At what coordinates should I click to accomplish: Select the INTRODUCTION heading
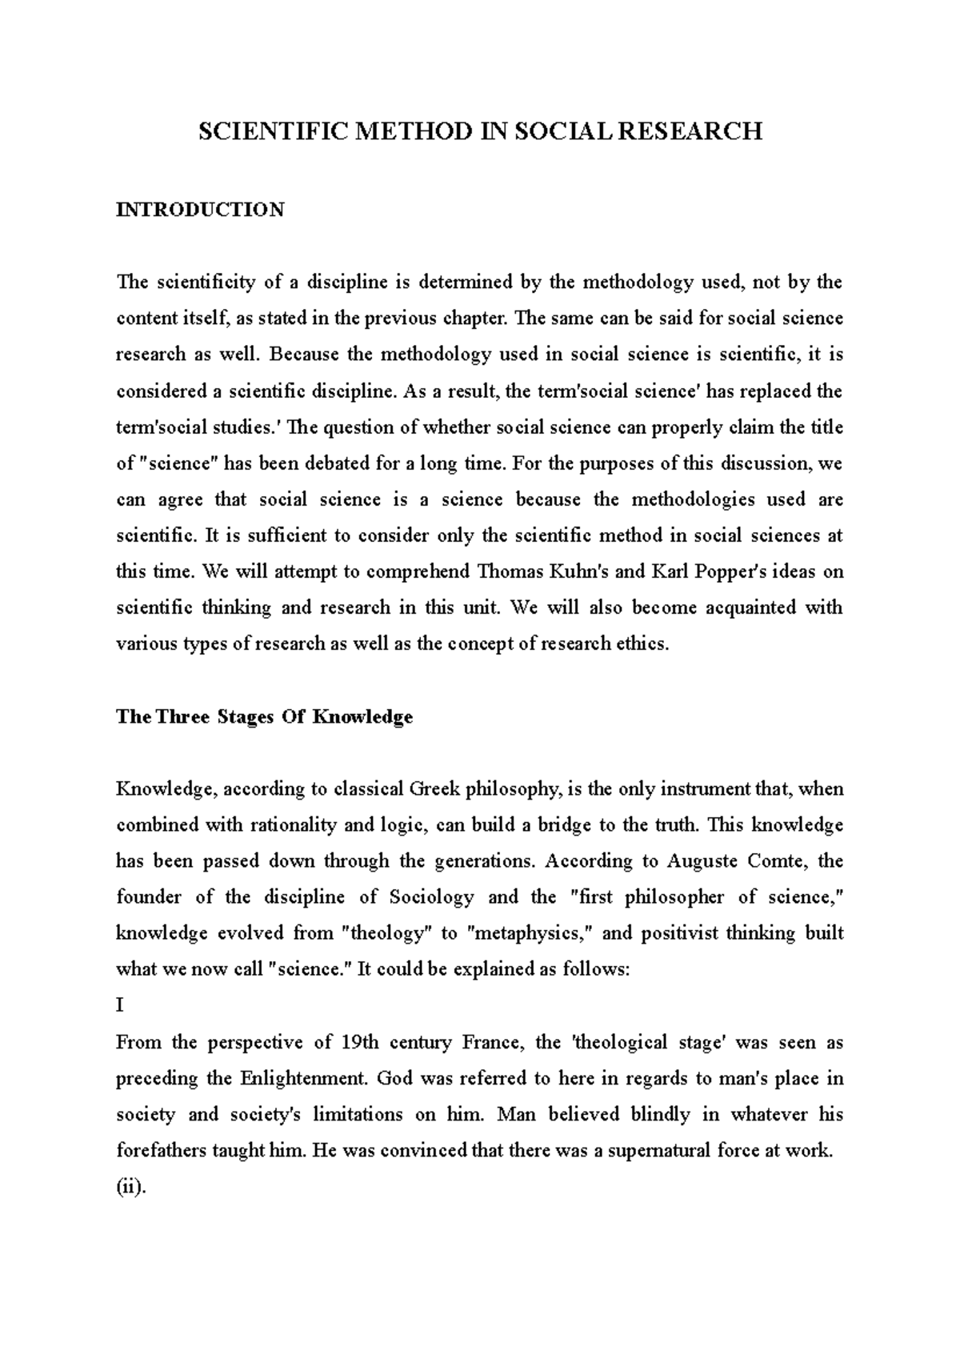[200, 210]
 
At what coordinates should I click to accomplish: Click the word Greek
[434, 789]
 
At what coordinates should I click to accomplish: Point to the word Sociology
[434, 897]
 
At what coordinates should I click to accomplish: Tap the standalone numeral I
[120, 1005]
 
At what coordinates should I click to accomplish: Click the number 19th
[365, 1042]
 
